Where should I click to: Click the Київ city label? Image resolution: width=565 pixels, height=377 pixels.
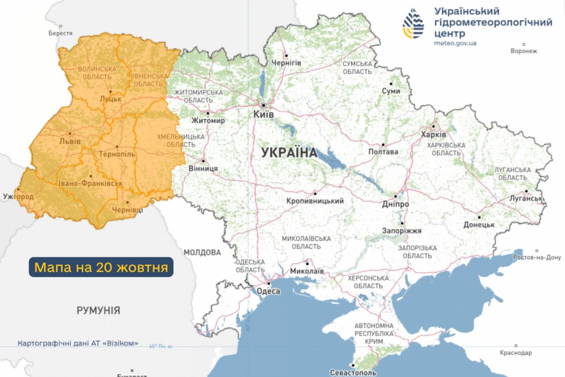coord(264,114)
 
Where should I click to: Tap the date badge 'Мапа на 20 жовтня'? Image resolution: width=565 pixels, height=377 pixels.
coord(101,267)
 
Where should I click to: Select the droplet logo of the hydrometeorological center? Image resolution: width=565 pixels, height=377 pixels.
coord(413,23)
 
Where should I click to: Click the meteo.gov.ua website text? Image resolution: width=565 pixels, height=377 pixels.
coord(455,43)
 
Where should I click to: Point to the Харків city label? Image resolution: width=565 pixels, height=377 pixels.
coord(433,134)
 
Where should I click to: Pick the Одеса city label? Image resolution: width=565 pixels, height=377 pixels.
coord(268,291)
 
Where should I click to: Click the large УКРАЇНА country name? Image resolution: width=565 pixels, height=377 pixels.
coord(289,153)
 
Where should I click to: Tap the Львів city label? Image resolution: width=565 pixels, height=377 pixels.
coord(70,141)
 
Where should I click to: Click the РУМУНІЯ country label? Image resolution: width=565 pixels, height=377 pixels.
coord(98,310)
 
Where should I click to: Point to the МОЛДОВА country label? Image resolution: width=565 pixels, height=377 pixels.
coord(202,252)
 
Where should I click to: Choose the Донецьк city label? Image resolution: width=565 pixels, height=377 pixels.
coord(479,225)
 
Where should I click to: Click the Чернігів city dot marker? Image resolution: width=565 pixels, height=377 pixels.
coord(286,56)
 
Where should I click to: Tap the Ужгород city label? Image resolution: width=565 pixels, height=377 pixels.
coord(18,196)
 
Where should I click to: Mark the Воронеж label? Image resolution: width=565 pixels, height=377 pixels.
coord(524,51)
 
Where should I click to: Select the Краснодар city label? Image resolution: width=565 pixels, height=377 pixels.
coord(516,353)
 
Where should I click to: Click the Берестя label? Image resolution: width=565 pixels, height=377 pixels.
coord(60,33)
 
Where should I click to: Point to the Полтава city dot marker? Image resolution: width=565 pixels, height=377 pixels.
coord(383,145)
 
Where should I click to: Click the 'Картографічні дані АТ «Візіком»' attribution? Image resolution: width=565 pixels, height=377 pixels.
coord(78,343)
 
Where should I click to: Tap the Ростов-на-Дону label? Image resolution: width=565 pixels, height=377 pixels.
coord(537,257)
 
